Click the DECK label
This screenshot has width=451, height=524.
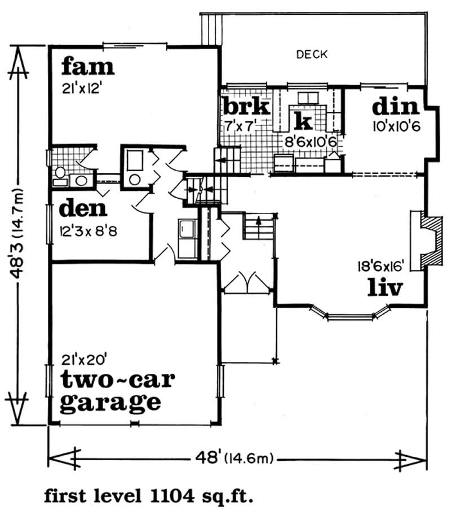point(312,54)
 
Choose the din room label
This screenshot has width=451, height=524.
point(395,106)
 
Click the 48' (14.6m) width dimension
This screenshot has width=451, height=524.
point(235,459)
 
